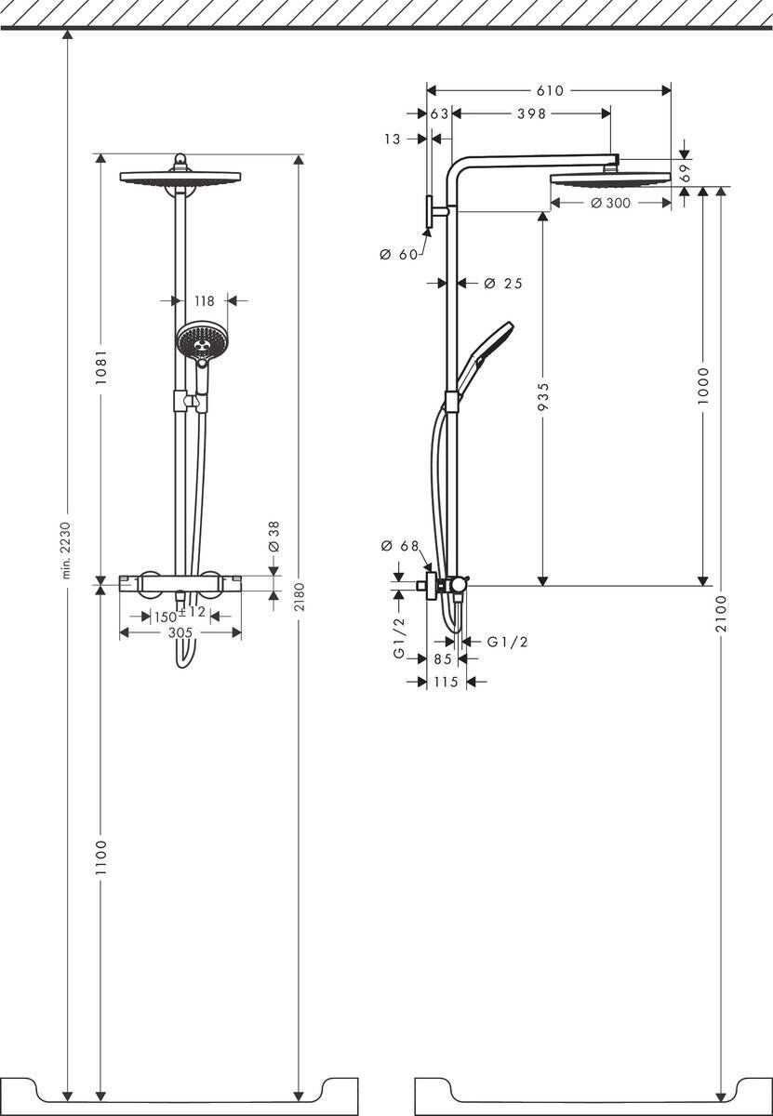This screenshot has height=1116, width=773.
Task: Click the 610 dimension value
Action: click(550, 90)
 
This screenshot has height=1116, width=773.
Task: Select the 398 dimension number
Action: click(530, 113)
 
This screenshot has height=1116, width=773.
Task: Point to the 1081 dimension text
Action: click(101, 370)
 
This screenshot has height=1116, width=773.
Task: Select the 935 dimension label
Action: click(543, 398)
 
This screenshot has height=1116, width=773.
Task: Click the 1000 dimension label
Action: click(703, 384)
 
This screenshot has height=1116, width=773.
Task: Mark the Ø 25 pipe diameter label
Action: click(502, 283)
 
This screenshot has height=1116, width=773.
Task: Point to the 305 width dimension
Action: click(180, 632)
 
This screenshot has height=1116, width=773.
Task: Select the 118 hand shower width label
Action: click(205, 300)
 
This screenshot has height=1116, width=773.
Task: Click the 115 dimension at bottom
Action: click(446, 682)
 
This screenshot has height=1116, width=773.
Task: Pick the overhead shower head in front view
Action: click(180, 177)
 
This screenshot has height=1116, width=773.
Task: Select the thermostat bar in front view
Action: click(180, 583)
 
